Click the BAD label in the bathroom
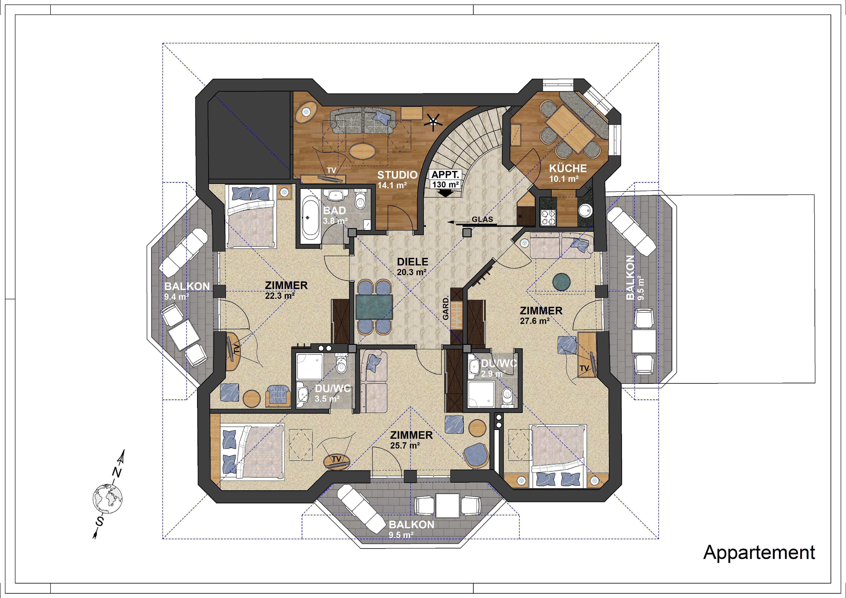point(335,210)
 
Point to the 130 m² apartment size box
point(445,184)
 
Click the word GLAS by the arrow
point(482,219)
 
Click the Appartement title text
point(759,552)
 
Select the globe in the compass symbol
point(108,499)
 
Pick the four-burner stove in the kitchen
point(548,217)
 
